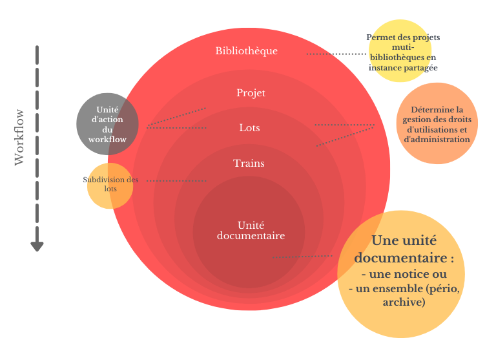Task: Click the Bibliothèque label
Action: (x=247, y=50)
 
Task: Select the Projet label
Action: (x=251, y=93)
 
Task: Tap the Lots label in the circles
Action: (x=249, y=128)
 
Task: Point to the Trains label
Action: (x=249, y=164)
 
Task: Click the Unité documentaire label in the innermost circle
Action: (x=251, y=230)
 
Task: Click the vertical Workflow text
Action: (x=19, y=136)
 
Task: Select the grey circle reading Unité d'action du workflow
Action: (x=107, y=124)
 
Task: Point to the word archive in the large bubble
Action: (x=404, y=302)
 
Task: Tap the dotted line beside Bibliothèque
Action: (x=335, y=54)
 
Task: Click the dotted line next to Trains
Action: (x=177, y=181)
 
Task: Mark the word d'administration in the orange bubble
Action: (x=437, y=139)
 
